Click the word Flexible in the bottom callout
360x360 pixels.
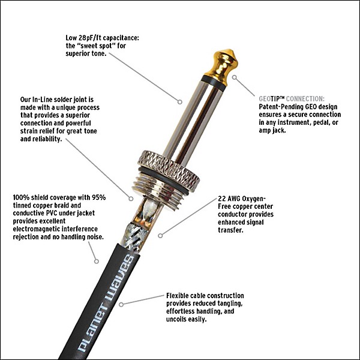[181, 296]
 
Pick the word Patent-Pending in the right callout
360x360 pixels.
[278, 106]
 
